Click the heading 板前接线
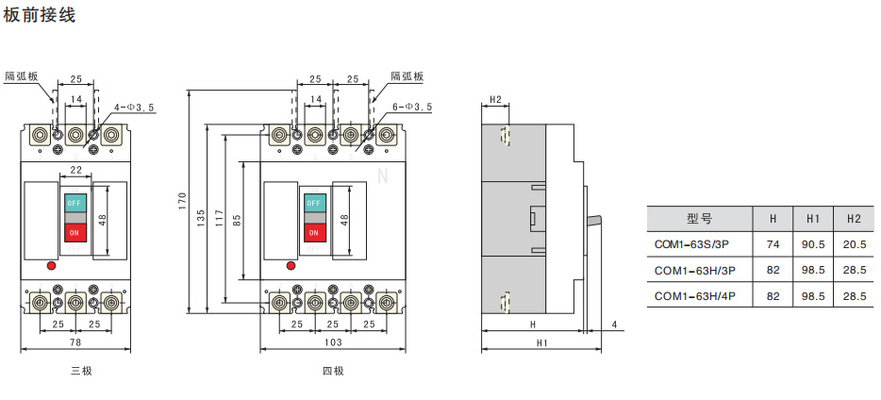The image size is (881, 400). click(x=40, y=16)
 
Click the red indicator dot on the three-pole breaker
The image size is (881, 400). click(x=50, y=266)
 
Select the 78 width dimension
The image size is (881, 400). click(x=75, y=342)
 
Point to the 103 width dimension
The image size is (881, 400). click(x=332, y=342)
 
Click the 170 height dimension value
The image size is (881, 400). click(x=183, y=202)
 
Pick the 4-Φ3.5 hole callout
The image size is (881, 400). click(x=134, y=108)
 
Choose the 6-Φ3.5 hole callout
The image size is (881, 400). click(x=411, y=108)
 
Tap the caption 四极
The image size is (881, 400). click(x=333, y=371)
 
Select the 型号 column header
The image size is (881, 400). click(x=699, y=219)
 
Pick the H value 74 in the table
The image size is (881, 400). click(x=773, y=244)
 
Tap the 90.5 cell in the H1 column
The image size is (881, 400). click(x=813, y=244)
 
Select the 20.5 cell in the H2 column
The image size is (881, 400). click(x=854, y=244)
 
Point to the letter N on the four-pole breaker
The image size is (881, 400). click(x=382, y=176)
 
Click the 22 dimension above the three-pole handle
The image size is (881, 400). click(x=75, y=169)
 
